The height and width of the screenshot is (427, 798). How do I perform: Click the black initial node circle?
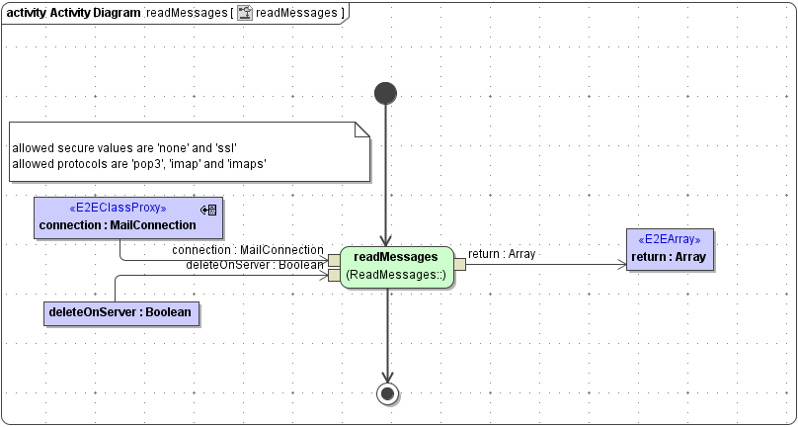[x=386, y=93]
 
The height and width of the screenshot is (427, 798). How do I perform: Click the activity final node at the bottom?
[x=387, y=393]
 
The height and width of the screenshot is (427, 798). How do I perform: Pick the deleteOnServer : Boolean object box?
[x=120, y=313]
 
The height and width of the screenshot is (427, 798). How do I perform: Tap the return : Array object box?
[x=670, y=250]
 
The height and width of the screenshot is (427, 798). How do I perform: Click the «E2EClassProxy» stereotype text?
[x=118, y=210]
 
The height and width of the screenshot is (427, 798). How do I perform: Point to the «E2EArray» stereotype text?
[x=670, y=240]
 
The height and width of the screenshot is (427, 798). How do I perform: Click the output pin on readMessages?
[x=460, y=264]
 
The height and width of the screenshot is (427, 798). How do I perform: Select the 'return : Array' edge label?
[x=502, y=254]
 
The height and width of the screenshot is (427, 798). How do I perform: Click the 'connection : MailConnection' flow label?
[x=248, y=250]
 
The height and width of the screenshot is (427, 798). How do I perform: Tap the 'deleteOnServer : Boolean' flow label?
[x=255, y=265]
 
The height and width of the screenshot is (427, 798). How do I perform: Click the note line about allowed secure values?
[x=124, y=147]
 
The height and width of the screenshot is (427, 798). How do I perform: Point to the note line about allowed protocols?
[x=139, y=162]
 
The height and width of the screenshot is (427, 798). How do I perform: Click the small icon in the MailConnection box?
[x=208, y=210]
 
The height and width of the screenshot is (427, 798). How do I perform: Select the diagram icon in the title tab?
[x=244, y=13]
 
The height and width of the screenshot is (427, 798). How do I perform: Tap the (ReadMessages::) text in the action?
[x=397, y=274]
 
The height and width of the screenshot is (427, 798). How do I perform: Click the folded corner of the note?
[x=361, y=129]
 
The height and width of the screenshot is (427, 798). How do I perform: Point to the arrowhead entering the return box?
[x=621, y=264]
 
